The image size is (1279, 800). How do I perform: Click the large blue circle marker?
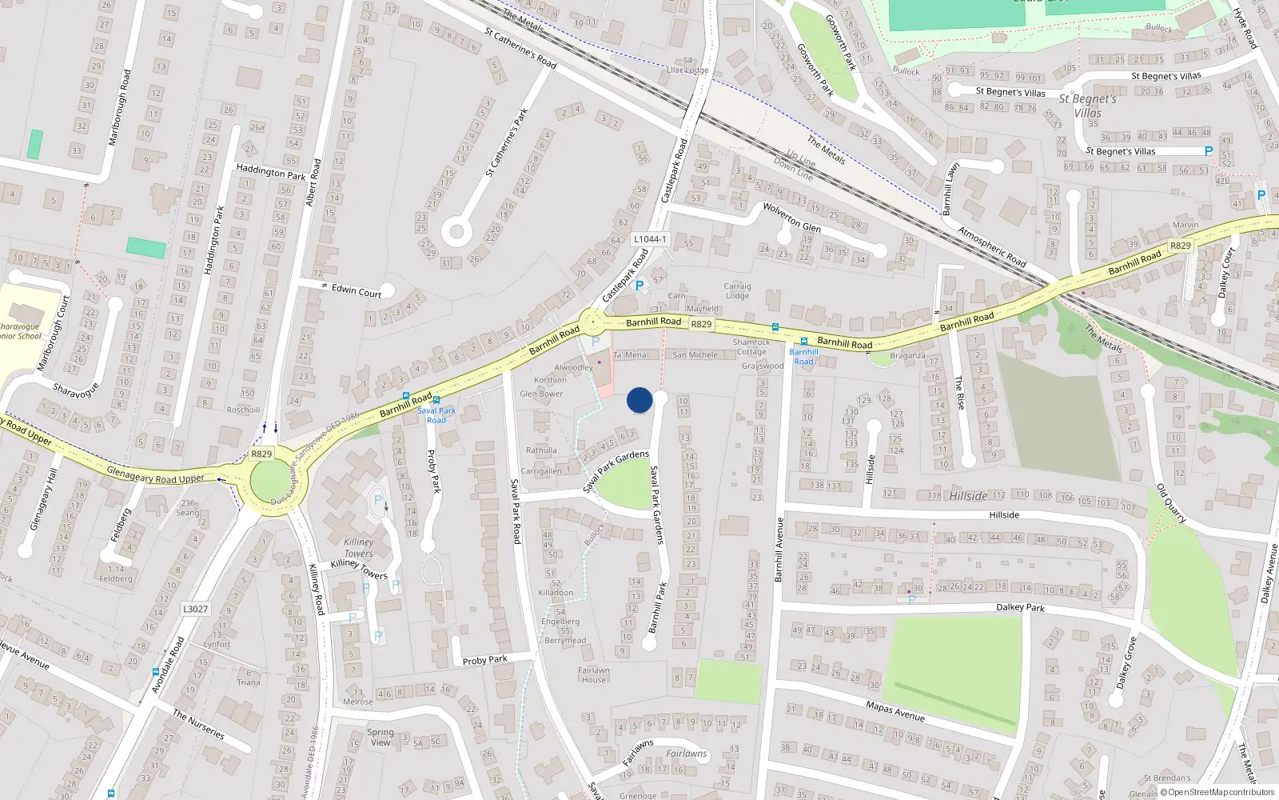tap(639, 400)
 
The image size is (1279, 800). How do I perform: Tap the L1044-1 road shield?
tap(649, 239)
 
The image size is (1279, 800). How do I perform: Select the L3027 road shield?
tap(195, 609)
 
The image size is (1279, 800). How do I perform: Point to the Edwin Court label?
tap(357, 292)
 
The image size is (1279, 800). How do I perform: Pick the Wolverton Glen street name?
tap(791, 216)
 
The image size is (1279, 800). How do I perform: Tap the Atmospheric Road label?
tap(991, 247)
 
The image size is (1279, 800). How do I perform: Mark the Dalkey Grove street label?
tap(1126, 662)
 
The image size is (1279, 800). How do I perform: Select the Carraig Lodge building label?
tap(737, 290)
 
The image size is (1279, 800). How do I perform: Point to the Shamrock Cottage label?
tap(751, 346)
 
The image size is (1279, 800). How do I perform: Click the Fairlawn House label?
tap(593, 675)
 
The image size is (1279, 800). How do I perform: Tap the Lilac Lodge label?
tap(687, 70)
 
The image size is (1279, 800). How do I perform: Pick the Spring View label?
tap(381, 737)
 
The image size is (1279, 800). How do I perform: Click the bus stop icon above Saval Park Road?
tap(436, 399)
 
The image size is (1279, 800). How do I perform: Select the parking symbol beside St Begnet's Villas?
tap(1209, 151)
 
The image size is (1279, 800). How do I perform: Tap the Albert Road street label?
tap(313, 182)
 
